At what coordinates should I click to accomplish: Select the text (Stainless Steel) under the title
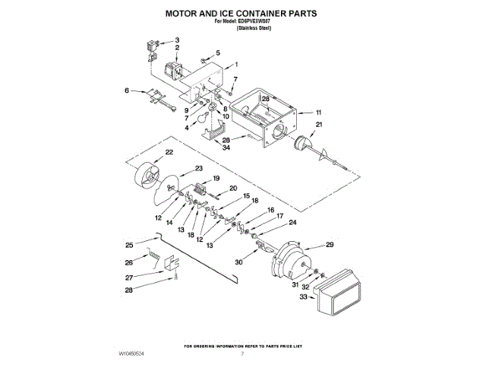(254, 27)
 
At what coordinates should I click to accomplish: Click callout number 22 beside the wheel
(169, 153)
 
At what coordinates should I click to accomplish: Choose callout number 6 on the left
(127, 90)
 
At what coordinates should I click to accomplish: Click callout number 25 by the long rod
(129, 245)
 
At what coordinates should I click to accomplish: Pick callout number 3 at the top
(177, 39)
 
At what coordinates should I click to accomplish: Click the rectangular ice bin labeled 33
(339, 297)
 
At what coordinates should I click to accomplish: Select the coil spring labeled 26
(154, 259)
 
